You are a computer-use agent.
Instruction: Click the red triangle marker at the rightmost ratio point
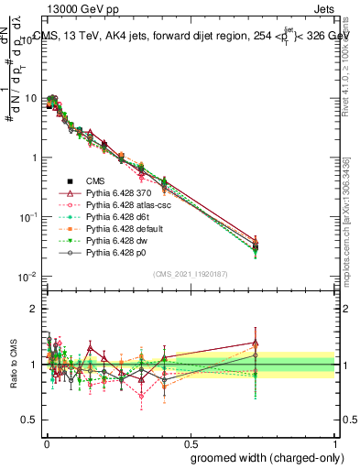pos(256,344)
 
